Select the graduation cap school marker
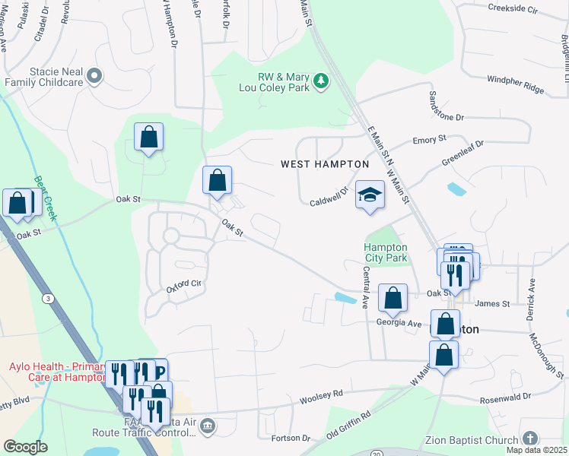pyautogui.click(x=370, y=195)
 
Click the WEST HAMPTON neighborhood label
pyautogui.click(x=325, y=164)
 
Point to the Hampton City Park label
pyautogui.click(x=385, y=253)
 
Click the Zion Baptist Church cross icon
pyautogui.click(x=530, y=439)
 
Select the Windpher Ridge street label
pyautogui.click(x=515, y=84)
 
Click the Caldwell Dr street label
pyautogui.click(x=329, y=197)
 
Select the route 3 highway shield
pyautogui.click(x=49, y=299)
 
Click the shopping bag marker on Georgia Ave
pyautogui.click(x=393, y=298)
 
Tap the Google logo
pyautogui.click(x=24, y=447)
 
